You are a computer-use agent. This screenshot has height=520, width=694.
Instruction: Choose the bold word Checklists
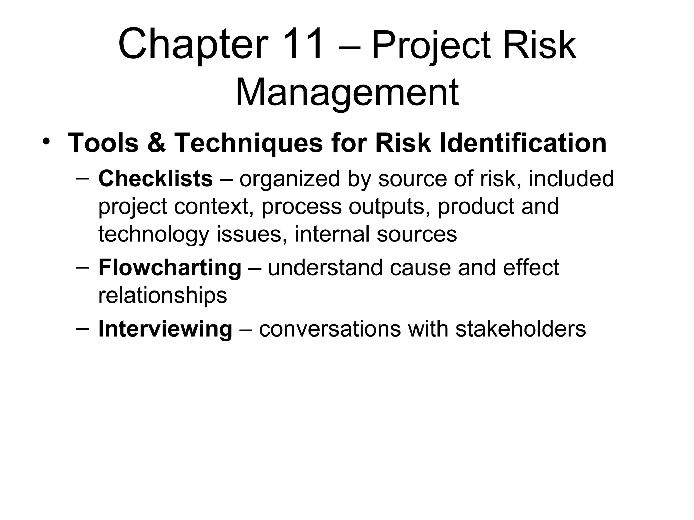click(155, 178)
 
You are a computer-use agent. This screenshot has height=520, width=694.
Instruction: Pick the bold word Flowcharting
click(169, 267)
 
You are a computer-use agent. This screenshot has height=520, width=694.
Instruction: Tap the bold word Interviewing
click(165, 328)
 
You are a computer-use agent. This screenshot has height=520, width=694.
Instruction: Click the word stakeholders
click(520, 328)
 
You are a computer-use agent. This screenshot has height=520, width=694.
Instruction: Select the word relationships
click(162, 295)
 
